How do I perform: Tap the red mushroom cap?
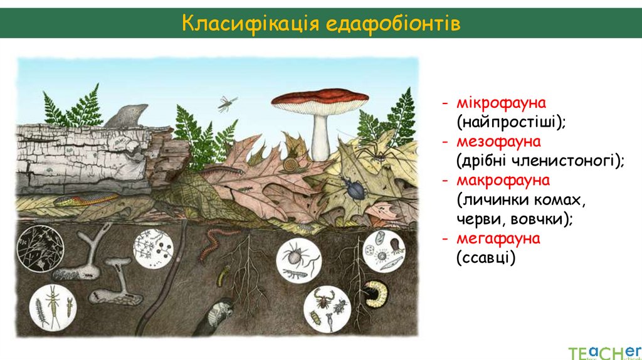320,98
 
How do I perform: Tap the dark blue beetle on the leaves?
352,188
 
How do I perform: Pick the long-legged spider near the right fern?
375,147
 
